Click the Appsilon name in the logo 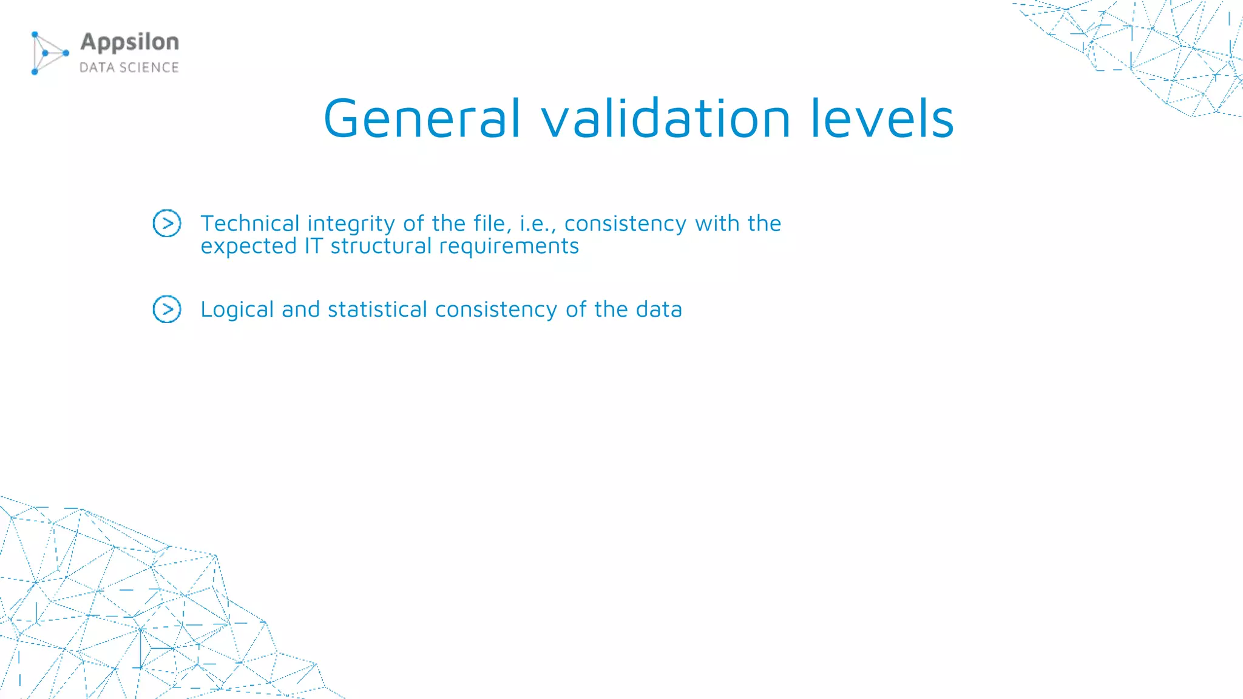tap(130, 42)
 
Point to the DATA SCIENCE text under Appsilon tap(129, 67)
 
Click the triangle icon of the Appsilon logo tap(49, 53)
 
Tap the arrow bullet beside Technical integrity tap(167, 223)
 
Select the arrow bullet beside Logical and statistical tap(167, 309)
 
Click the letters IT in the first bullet tap(314, 246)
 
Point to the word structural tap(381, 246)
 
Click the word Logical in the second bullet tap(237, 310)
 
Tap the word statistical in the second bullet tap(378, 309)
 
